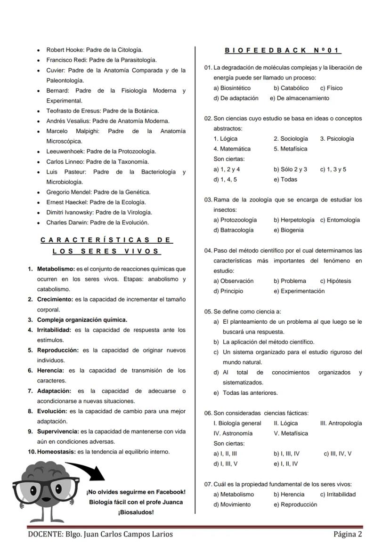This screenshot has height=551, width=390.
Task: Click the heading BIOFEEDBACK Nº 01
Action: click(283, 50)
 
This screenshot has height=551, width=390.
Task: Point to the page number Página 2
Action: click(348, 534)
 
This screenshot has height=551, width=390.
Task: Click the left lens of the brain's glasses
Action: click(26, 490)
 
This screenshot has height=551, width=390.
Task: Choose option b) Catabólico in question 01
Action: click(291, 88)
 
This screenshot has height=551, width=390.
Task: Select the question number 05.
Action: click(208, 311)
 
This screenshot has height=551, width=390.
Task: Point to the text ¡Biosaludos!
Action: click(136, 512)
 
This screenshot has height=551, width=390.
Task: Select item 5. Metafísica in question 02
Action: click(290, 149)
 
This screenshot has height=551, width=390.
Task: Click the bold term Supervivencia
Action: click(58, 431)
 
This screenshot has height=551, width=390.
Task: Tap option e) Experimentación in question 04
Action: click(299, 291)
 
